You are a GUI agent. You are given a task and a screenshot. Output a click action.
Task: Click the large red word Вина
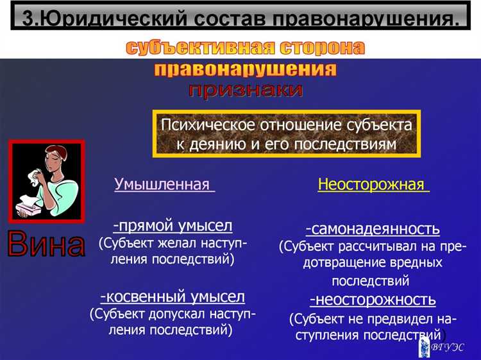(x=46, y=244)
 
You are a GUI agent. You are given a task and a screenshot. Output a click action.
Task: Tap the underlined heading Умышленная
(x=163, y=185)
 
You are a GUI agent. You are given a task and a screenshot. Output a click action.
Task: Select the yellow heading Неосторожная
(x=371, y=185)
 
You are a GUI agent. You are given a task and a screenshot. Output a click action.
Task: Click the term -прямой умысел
(x=173, y=225)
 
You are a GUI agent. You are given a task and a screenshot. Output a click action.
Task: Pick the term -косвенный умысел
(x=173, y=296)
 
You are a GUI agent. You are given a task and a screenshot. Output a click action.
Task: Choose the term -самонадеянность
(x=373, y=229)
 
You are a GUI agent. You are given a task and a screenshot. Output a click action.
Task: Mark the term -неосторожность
(x=373, y=300)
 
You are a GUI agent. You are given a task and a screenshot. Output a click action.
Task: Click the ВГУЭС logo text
(x=449, y=347)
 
